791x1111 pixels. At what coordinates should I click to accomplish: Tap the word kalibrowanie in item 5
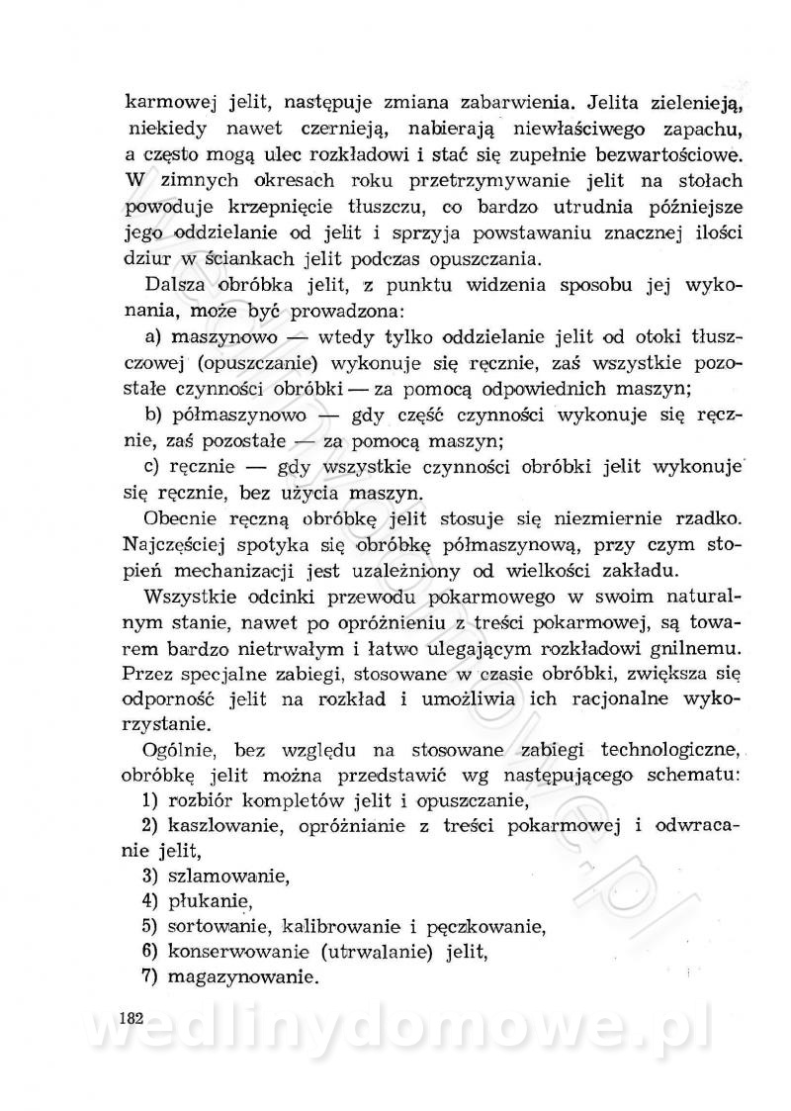tap(338, 927)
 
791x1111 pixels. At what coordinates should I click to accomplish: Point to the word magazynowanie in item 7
tap(243, 979)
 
